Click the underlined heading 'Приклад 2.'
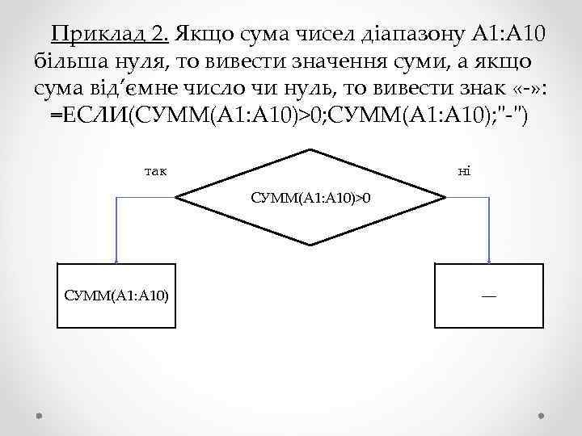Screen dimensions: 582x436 click(x=109, y=36)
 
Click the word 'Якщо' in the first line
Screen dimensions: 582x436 click(x=201, y=36)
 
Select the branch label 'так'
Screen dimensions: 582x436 click(x=155, y=170)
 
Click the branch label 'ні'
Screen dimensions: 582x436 click(x=463, y=170)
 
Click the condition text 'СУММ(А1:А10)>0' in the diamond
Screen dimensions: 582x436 click(x=311, y=197)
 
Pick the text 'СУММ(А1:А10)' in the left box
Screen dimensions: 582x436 click(x=116, y=296)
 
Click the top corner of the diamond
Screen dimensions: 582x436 click(x=310, y=149)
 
